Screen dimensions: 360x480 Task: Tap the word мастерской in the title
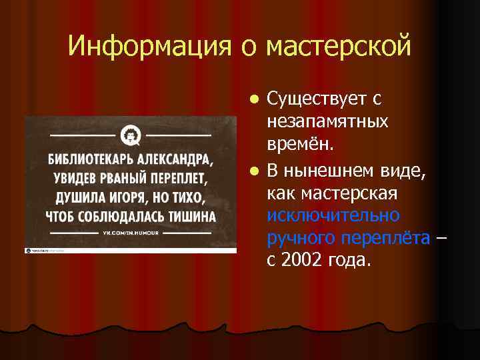click(339, 47)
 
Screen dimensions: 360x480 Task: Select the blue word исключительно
click(333, 215)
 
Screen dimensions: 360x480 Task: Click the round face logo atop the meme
click(130, 137)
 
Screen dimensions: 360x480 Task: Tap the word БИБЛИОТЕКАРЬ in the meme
click(89, 161)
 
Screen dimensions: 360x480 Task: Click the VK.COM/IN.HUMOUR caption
click(129, 234)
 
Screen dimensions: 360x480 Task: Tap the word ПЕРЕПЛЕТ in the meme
click(174, 180)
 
